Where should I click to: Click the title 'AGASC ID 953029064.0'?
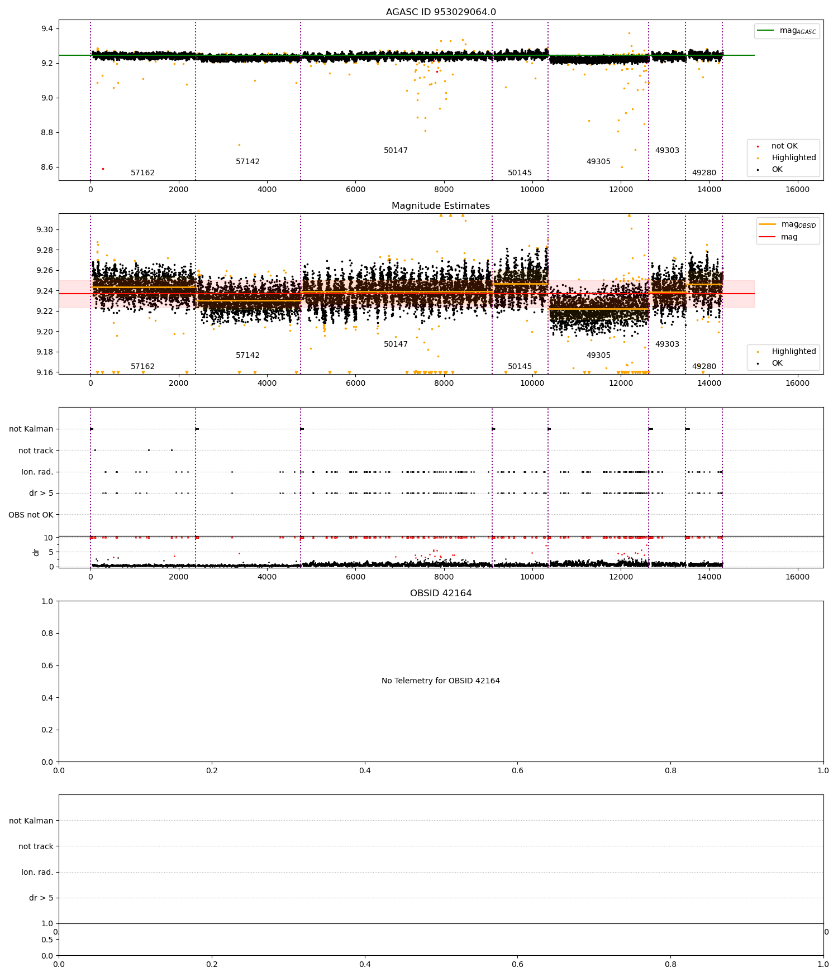(441, 12)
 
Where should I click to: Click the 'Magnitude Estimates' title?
(441, 206)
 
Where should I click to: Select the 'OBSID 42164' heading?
(441, 593)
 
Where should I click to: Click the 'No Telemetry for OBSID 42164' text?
(441, 681)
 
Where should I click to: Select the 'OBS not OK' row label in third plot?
(31, 515)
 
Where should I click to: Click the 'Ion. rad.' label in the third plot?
(37, 472)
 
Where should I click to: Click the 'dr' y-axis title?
(36, 552)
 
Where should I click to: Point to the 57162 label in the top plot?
(142, 173)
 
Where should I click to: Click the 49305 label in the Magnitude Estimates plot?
(598, 356)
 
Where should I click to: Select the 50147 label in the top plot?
(396, 151)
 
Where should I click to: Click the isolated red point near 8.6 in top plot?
(103, 169)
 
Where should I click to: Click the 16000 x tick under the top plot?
(797, 189)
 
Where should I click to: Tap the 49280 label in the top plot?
(704, 173)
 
